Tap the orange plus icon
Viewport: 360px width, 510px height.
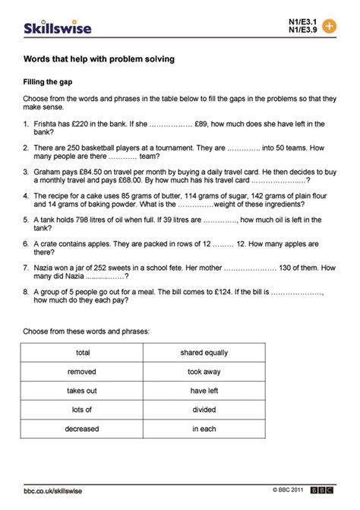(x=329, y=25)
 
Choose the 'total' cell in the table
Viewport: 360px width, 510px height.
(x=83, y=353)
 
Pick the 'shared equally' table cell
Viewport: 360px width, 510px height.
(x=204, y=353)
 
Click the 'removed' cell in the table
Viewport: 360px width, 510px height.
(x=83, y=372)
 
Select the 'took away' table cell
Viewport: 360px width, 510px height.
(x=204, y=372)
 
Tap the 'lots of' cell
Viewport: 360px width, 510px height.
(x=83, y=410)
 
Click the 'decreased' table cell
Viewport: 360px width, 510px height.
(x=83, y=429)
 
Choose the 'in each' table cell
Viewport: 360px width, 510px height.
(x=204, y=429)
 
